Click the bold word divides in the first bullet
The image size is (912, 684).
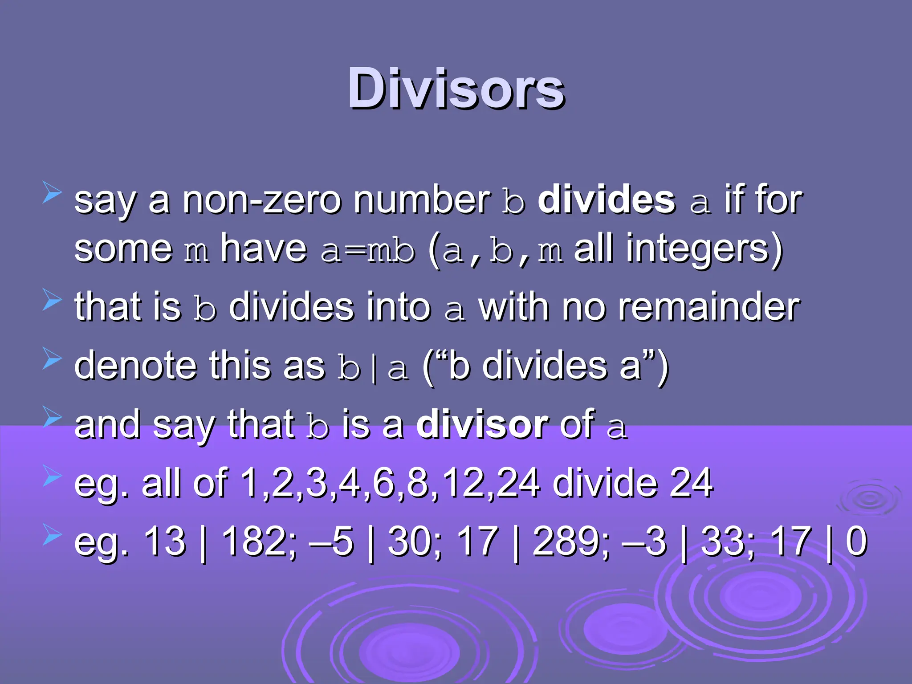607,200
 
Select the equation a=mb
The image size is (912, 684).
368,250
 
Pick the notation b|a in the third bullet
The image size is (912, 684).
373,367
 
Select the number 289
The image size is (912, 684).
565,541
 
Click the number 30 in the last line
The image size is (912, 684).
408,541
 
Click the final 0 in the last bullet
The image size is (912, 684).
856,541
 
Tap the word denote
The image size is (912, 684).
135,366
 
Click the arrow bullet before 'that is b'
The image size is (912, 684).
52,299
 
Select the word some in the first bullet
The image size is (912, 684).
123,249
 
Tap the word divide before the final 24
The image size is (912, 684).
605,483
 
